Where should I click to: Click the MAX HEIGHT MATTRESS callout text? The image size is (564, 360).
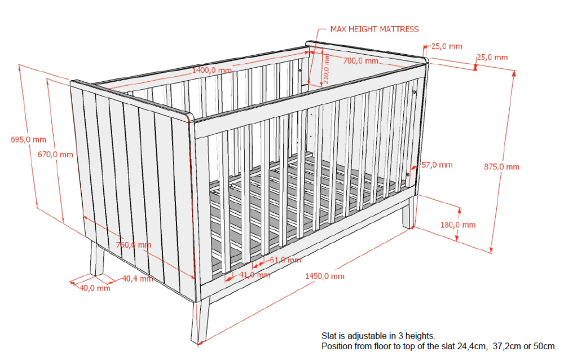tap(374, 29)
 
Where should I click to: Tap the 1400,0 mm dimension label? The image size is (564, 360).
tap(212, 70)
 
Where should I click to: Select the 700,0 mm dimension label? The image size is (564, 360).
tap(360, 61)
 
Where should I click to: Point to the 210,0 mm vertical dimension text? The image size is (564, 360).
tap(326, 69)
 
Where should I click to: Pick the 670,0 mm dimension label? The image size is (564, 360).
tap(55, 155)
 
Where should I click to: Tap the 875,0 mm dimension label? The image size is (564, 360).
tap(502, 166)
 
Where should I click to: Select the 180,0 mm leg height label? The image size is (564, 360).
tap(458, 225)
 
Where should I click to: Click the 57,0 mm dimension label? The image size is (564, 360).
tap(437, 165)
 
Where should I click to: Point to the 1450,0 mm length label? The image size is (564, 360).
tap(325, 276)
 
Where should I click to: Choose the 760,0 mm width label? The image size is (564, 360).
tap(134, 245)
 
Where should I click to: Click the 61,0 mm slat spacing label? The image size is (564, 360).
tap(285, 260)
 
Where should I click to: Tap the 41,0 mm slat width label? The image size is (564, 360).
tap(255, 275)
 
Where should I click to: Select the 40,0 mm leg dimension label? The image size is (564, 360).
tap(95, 288)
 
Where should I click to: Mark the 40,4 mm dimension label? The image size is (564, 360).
tap(138, 278)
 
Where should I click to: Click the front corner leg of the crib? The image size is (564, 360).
tap(200, 320)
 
